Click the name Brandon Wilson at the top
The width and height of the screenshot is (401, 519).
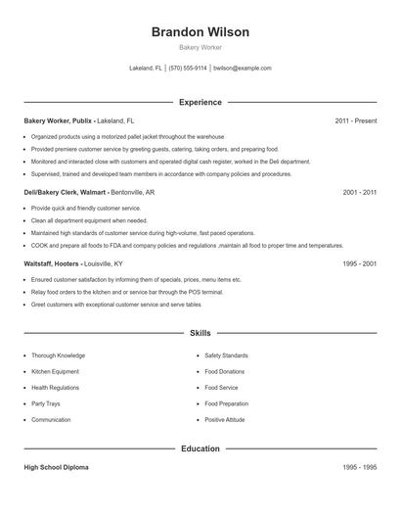(x=200, y=32)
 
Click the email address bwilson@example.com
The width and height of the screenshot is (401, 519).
(x=242, y=69)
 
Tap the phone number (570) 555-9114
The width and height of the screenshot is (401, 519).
(x=188, y=69)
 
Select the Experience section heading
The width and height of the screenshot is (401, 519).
(x=200, y=102)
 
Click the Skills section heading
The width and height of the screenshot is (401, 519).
(x=200, y=333)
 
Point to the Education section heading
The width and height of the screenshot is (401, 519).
(x=200, y=448)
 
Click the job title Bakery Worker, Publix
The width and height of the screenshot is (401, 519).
(x=58, y=120)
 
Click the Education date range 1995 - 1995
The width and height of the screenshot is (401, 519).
(x=360, y=467)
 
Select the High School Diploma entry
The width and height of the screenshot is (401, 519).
(x=56, y=467)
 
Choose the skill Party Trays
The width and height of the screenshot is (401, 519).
(x=45, y=403)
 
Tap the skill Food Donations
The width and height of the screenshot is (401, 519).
(x=226, y=372)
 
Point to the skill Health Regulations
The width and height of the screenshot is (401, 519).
(x=55, y=388)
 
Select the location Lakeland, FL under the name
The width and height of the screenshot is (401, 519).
(x=146, y=69)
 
